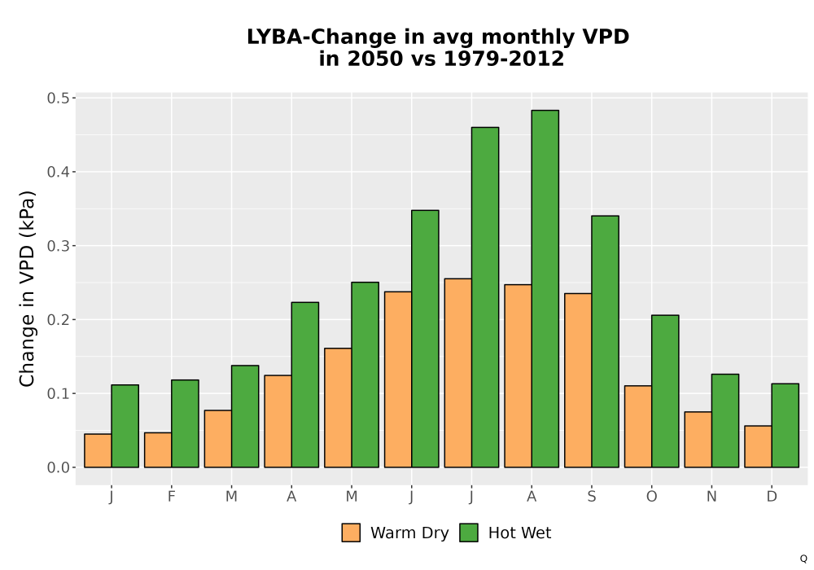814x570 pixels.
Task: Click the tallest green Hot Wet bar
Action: pyautogui.click(x=545, y=288)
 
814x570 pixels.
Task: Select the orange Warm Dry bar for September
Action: pyautogui.click(x=578, y=380)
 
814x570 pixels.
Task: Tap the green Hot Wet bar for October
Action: pyautogui.click(x=665, y=392)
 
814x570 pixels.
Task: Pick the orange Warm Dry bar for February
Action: pyautogui.click(x=158, y=450)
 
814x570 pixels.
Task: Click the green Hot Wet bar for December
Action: pyautogui.click(x=785, y=426)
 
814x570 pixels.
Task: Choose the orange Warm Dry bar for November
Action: pyautogui.click(x=698, y=440)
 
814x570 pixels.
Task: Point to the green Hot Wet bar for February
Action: pyautogui.click(x=185, y=423)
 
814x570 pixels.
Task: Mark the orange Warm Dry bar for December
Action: pyautogui.click(x=758, y=446)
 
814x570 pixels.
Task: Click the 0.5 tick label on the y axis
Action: pyautogui.click(x=58, y=98)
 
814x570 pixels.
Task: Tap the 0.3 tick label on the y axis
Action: pyautogui.click(x=58, y=246)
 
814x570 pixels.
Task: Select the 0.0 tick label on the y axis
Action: pyautogui.click(x=58, y=467)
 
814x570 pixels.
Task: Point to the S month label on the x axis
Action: pyautogui.click(x=591, y=497)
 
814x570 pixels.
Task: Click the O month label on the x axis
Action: pyautogui.click(x=651, y=497)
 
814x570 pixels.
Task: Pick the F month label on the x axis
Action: pyautogui.click(x=171, y=497)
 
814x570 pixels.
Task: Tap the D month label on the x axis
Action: pyautogui.click(x=772, y=497)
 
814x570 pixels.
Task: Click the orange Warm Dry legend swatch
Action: pyautogui.click(x=351, y=533)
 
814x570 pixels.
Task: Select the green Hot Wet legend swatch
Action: pyautogui.click(x=469, y=533)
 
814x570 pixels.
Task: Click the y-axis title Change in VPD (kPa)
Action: pyautogui.click(x=27, y=289)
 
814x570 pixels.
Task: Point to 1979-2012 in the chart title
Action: pyautogui.click(x=504, y=59)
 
